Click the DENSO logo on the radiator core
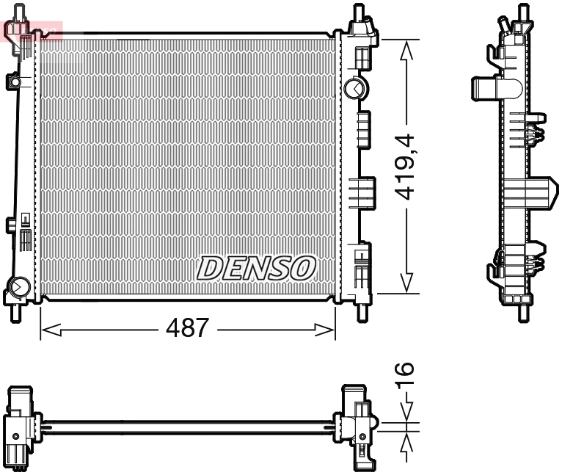click(x=256, y=268)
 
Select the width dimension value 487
click(x=188, y=328)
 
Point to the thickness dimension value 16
click(x=404, y=374)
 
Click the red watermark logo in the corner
click(x=33, y=30)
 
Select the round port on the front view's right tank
click(x=354, y=88)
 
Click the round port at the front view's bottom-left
click(x=19, y=286)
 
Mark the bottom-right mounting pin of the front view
click(x=360, y=311)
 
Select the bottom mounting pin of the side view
click(x=522, y=312)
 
